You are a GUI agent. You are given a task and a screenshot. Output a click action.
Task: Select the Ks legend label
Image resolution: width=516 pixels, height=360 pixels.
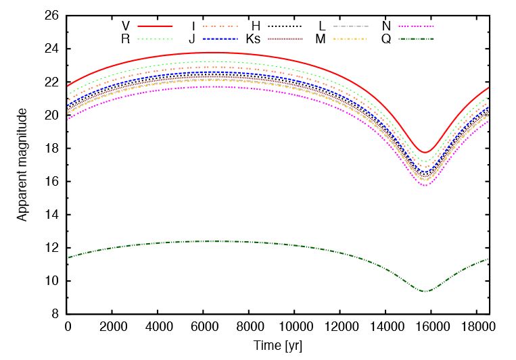click(x=253, y=38)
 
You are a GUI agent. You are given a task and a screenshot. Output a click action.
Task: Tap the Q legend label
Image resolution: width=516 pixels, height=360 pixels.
click(x=385, y=38)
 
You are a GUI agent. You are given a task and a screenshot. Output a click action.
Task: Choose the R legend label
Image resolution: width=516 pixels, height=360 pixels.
click(x=125, y=38)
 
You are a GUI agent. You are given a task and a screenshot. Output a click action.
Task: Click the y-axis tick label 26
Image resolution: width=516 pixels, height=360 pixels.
click(x=52, y=16)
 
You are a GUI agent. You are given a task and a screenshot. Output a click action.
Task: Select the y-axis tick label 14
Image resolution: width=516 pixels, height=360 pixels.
click(x=52, y=214)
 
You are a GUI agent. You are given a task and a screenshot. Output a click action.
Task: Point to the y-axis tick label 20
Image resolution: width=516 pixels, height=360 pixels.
click(x=52, y=115)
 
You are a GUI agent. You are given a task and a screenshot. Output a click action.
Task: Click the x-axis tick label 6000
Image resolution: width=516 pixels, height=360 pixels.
click(x=204, y=328)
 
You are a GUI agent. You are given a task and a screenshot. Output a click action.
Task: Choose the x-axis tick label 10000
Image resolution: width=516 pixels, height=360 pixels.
click(x=295, y=328)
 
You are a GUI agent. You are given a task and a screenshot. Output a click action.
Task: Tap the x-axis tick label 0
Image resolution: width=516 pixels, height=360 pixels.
click(x=68, y=328)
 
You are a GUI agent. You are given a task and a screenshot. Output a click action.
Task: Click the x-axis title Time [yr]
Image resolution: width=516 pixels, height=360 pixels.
click(x=277, y=345)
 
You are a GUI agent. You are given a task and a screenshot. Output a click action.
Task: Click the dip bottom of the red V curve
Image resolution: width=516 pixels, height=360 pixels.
click(x=425, y=153)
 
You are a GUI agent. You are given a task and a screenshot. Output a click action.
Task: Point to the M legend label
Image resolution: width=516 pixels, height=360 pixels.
click(x=320, y=38)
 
